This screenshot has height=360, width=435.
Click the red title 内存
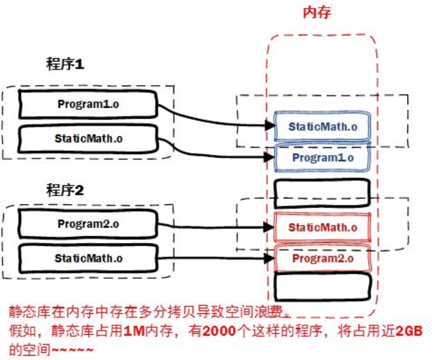click(317, 13)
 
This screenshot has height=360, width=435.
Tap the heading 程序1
click(65, 64)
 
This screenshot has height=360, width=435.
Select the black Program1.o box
click(88, 104)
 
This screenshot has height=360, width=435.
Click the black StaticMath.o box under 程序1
click(88, 138)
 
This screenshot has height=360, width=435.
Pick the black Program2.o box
click(88, 224)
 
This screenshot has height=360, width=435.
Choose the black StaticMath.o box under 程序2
click(88, 257)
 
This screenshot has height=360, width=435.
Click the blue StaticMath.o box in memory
click(323, 126)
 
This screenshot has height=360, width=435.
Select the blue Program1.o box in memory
click(323, 158)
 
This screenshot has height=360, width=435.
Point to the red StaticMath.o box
click(323, 227)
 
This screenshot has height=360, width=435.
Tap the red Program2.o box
click(323, 258)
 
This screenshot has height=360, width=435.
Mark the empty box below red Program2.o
click(322, 287)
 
